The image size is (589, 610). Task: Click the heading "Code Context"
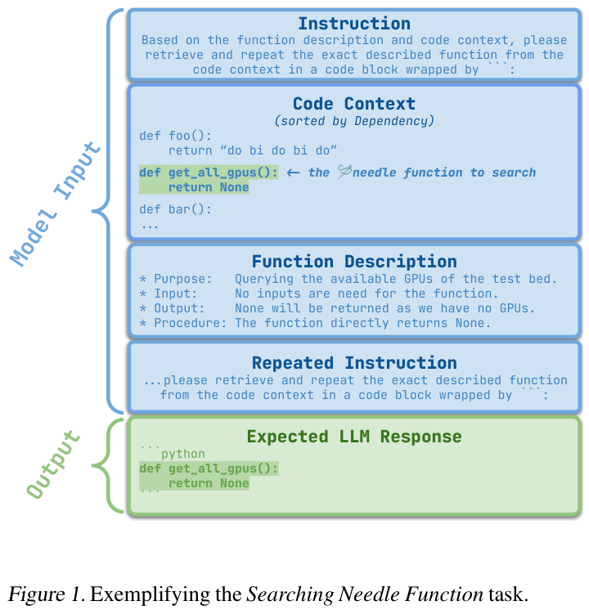(x=353, y=104)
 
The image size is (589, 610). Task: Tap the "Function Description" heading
(x=353, y=262)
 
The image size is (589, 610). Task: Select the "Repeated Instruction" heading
(x=353, y=362)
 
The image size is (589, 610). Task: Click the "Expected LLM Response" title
(x=353, y=436)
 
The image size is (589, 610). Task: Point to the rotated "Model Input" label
(x=56, y=204)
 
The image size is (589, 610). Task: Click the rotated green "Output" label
(x=56, y=464)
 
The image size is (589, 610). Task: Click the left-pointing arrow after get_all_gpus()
(x=293, y=173)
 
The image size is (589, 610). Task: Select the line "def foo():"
(x=175, y=136)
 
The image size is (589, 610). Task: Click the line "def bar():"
(x=175, y=209)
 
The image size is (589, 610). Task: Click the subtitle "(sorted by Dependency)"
(x=353, y=121)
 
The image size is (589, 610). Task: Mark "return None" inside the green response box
(x=209, y=483)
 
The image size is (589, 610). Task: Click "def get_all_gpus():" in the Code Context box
(x=209, y=173)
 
